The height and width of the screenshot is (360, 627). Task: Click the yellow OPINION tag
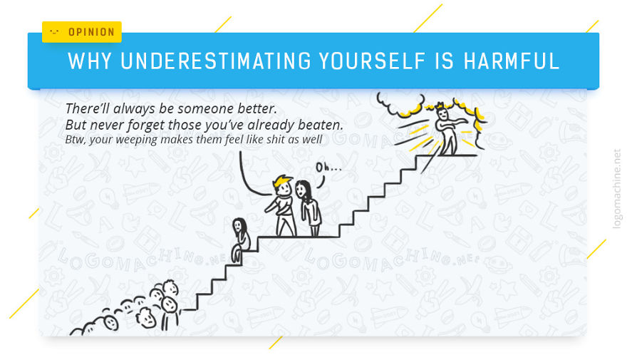click(82, 32)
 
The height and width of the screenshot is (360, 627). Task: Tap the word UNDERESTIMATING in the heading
click(212, 61)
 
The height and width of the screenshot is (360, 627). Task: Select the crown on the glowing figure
click(440, 106)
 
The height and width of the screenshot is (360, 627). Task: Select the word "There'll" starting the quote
click(86, 109)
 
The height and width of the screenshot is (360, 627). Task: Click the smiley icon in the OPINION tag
click(54, 32)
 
